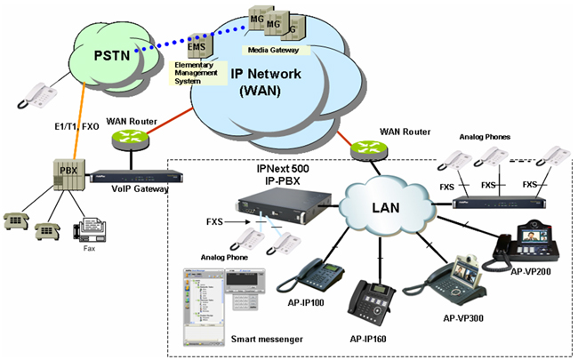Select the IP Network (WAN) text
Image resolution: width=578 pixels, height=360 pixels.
(x=268, y=83)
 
